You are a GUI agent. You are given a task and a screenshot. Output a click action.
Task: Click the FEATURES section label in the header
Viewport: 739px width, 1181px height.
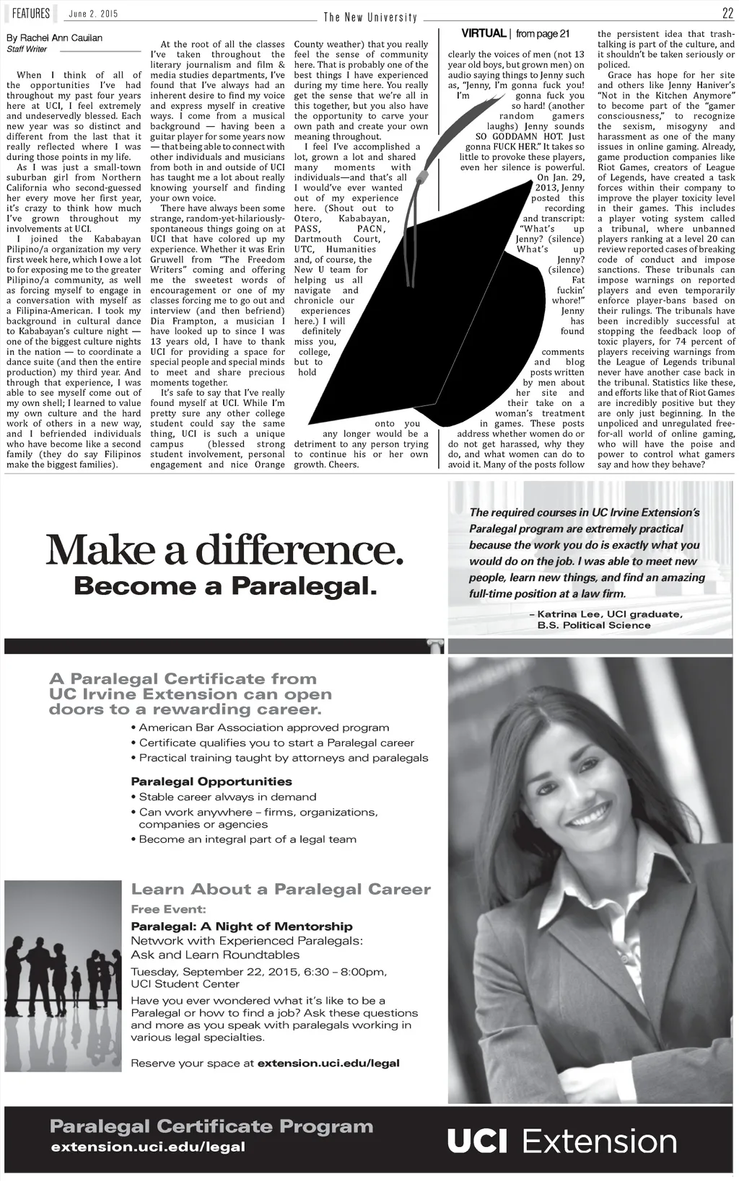point(30,14)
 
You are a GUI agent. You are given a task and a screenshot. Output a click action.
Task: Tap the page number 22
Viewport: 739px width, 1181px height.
point(727,13)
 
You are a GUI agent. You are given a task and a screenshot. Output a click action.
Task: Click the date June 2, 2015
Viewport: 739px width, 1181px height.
point(93,14)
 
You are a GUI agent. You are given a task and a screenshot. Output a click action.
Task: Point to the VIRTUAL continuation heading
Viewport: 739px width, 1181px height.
point(484,34)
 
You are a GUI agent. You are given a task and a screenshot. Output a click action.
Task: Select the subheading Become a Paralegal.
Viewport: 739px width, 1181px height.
point(225,586)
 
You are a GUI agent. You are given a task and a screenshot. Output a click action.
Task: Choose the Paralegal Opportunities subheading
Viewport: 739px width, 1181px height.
point(211,782)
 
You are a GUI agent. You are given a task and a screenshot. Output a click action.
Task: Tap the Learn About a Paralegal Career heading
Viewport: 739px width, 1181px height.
point(281,889)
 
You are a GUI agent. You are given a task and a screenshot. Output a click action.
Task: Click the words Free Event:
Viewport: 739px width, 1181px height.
point(168,909)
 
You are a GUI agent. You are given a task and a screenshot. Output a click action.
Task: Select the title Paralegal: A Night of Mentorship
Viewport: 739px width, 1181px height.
point(242,926)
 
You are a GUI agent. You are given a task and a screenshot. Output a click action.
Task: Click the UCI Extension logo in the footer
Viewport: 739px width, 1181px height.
point(561,1141)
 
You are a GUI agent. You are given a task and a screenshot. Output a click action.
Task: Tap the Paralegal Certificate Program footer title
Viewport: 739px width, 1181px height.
point(211,1126)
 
